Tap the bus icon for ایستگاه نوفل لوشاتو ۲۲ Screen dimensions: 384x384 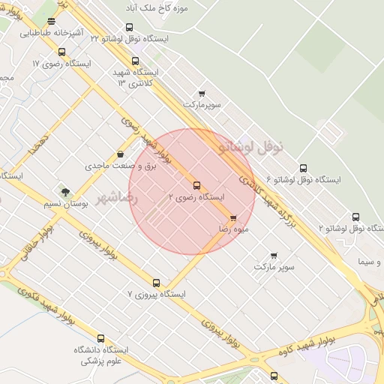(x=129, y=28)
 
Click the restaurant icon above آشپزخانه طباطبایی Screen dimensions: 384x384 (x=51, y=22)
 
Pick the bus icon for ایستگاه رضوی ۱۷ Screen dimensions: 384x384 (x=61, y=52)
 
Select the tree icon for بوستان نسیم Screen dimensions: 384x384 (x=65, y=192)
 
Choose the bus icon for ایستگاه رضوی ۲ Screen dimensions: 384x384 (x=197, y=185)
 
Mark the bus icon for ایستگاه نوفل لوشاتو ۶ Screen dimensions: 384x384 (x=303, y=169)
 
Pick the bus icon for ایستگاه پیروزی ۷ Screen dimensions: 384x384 (x=156, y=283)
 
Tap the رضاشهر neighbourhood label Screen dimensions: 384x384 (x=118, y=198)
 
